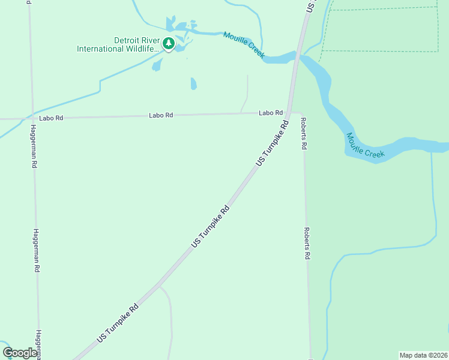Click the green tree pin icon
(169, 43)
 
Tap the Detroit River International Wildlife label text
(118, 44)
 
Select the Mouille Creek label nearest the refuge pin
(243, 44)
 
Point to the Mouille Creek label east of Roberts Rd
(365, 146)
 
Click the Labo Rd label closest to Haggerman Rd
(51, 118)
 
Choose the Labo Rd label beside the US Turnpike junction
(271, 113)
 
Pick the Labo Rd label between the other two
(161, 115)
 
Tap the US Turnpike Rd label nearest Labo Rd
(273, 143)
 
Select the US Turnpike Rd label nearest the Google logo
(117, 323)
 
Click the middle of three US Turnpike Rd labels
(211, 227)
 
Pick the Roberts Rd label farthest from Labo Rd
(307, 243)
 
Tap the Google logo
(20, 353)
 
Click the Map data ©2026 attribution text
(423, 355)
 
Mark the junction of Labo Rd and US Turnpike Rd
(289, 112)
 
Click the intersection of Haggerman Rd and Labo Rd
(32, 118)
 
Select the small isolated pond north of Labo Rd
(193, 83)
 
